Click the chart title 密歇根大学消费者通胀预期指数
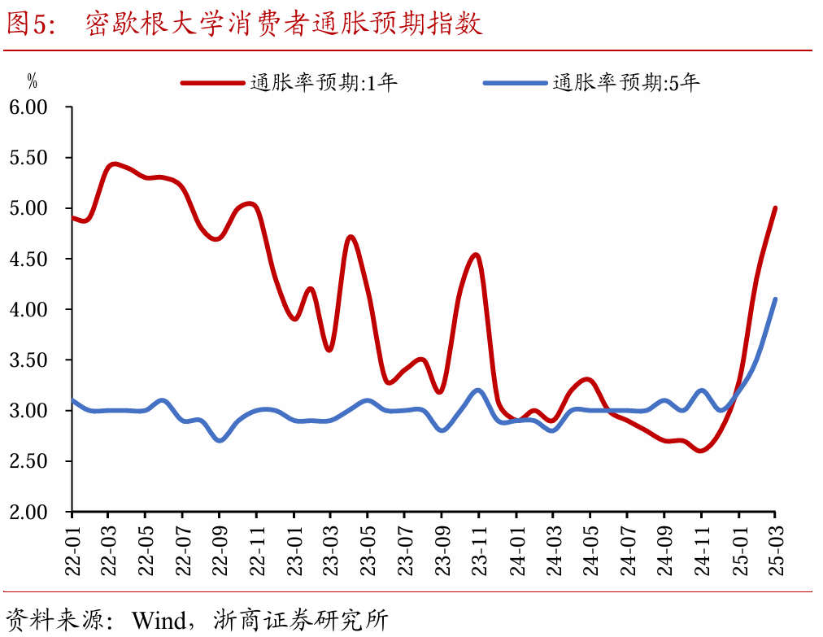[x=284, y=24]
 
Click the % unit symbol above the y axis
[x=33, y=81]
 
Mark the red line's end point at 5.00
[x=775, y=208]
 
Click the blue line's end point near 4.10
[x=775, y=299]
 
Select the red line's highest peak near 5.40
[x=113, y=164]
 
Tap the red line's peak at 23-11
[x=477, y=255]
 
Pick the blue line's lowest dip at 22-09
[x=220, y=440]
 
